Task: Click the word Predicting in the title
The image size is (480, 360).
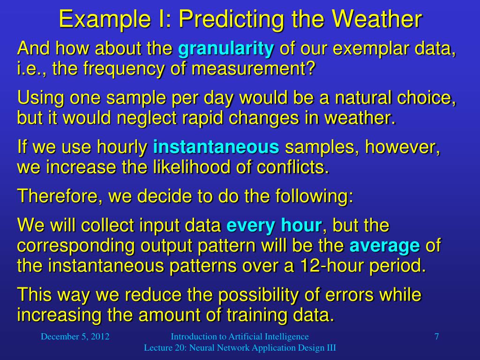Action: [x=225, y=20]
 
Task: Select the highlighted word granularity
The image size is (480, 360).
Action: [x=226, y=49]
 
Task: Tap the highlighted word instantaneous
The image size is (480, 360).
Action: [x=216, y=148]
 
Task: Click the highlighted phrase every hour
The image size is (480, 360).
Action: [x=274, y=225]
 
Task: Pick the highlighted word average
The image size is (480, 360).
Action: [x=385, y=246]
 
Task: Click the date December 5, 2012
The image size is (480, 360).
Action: [x=75, y=337]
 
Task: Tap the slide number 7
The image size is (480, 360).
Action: [x=436, y=337]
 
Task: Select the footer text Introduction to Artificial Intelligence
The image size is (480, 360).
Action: [x=240, y=337]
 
